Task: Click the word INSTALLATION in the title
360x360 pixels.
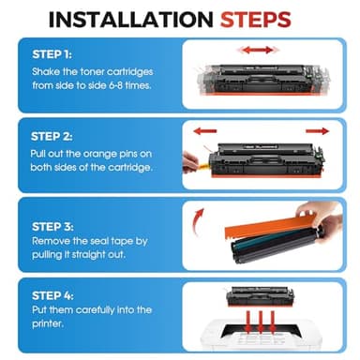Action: tap(131, 20)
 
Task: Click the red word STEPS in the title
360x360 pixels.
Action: tap(256, 20)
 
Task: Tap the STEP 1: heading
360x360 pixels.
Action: tap(52, 54)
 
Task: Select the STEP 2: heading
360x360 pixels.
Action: tap(52, 137)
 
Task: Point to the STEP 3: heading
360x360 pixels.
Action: tap(52, 227)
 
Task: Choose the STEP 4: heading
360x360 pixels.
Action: tap(52, 295)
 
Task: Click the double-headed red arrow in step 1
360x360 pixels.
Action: tap(258, 50)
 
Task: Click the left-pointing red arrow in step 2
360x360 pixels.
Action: tap(205, 131)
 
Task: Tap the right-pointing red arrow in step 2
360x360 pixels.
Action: tap(317, 131)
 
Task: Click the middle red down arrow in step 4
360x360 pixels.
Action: tap(261, 322)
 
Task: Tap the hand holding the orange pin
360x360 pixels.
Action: tap(189, 162)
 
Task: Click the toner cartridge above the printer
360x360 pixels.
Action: tap(260, 295)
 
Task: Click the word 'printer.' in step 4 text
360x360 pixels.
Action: tap(48, 323)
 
